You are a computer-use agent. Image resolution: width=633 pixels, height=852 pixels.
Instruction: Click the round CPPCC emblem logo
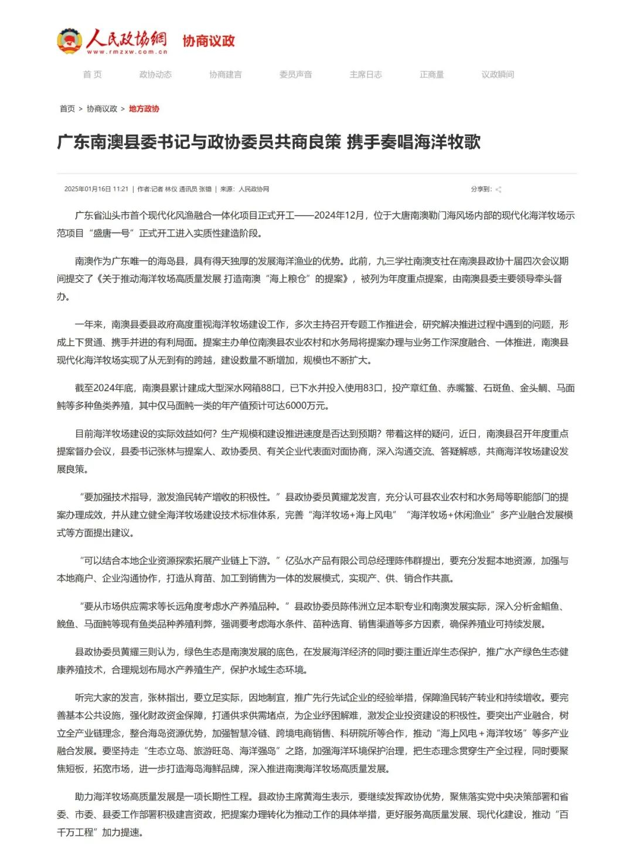click(69, 41)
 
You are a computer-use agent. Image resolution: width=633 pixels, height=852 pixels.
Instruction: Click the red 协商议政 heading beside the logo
click(209, 41)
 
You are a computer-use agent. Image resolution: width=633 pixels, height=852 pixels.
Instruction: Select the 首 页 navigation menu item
click(92, 74)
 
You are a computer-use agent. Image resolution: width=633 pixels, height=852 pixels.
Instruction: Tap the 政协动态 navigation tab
click(155, 74)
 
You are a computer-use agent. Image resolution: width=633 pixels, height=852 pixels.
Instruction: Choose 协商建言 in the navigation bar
click(226, 74)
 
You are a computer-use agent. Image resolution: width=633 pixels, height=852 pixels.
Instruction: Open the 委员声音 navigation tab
click(295, 74)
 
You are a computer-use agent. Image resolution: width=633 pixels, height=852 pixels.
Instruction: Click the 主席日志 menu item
click(366, 74)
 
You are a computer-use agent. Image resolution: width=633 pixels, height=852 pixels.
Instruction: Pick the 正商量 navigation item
click(432, 74)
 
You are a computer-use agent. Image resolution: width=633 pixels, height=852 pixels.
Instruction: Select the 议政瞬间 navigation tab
click(498, 74)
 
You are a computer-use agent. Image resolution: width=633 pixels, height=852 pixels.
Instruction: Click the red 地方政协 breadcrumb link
click(144, 109)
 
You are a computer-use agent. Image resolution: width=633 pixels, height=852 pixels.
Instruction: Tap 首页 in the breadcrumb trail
click(67, 109)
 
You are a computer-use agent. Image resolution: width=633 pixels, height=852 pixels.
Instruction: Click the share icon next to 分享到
click(498, 189)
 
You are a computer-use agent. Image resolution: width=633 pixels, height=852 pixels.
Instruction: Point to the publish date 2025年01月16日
click(88, 189)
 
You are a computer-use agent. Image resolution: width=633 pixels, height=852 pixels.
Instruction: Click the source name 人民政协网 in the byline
click(254, 189)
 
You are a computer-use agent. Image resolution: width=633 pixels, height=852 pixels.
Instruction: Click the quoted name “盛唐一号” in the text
click(111, 233)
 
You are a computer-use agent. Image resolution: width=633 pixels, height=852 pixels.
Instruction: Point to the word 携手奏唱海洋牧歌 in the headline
click(414, 142)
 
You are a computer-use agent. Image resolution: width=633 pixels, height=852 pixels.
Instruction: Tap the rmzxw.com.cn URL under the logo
click(127, 52)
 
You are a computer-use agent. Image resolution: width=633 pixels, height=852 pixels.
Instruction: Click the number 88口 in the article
click(271, 388)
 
